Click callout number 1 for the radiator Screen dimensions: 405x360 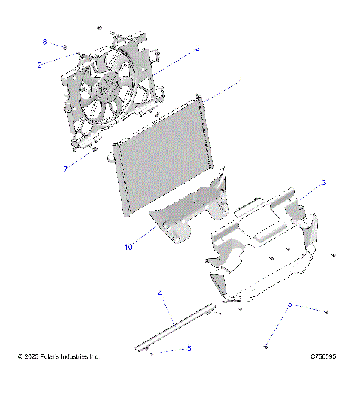click(x=240, y=80)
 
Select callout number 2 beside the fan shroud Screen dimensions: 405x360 click(x=197, y=48)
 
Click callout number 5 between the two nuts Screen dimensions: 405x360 click(x=290, y=304)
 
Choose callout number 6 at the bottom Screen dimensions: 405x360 click(x=188, y=349)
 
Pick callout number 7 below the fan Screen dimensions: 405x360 click(x=65, y=169)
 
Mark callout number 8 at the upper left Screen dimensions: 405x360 click(x=44, y=41)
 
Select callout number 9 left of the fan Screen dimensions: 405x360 click(x=40, y=64)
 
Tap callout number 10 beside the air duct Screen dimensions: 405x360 click(x=128, y=244)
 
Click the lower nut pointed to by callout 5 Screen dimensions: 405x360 click(x=266, y=346)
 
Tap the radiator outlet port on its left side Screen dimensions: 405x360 click(x=112, y=157)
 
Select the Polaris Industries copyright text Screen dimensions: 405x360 click(x=58, y=356)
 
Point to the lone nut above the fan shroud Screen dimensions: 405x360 click(x=98, y=27)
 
